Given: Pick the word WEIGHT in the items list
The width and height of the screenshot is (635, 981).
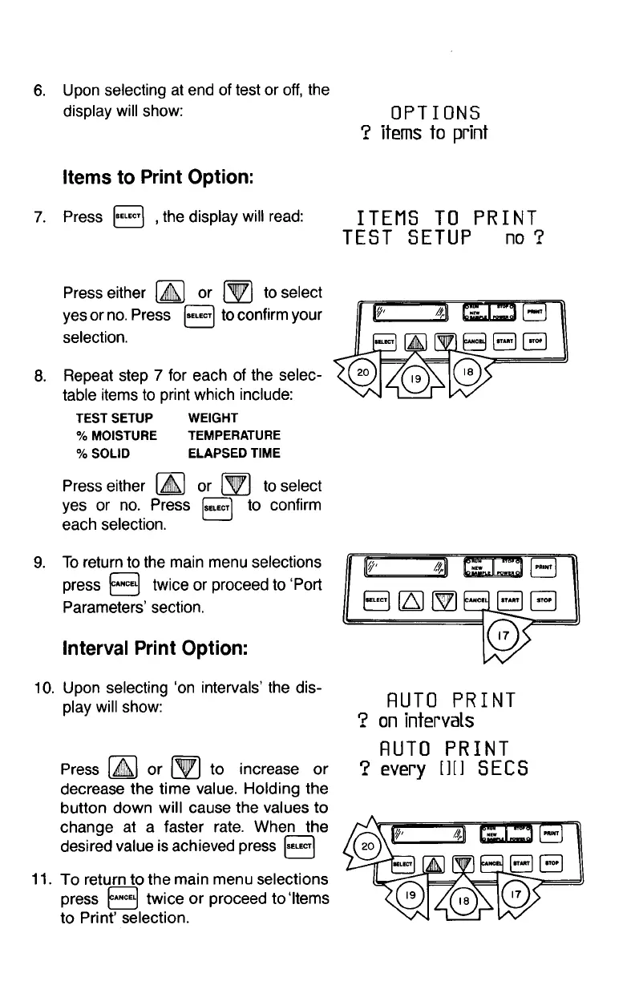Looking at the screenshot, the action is pyautogui.click(x=212, y=418).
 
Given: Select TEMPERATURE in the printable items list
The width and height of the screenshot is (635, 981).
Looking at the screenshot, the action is pyautogui.click(x=233, y=435).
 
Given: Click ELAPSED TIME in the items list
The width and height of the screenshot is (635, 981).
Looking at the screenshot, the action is pyautogui.click(x=233, y=453).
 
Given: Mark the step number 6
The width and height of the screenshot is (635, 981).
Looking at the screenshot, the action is pyautogui.click(x=38, y=89).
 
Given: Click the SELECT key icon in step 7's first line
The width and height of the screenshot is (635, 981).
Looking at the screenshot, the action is pyautogui.click(x=128, y=216).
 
